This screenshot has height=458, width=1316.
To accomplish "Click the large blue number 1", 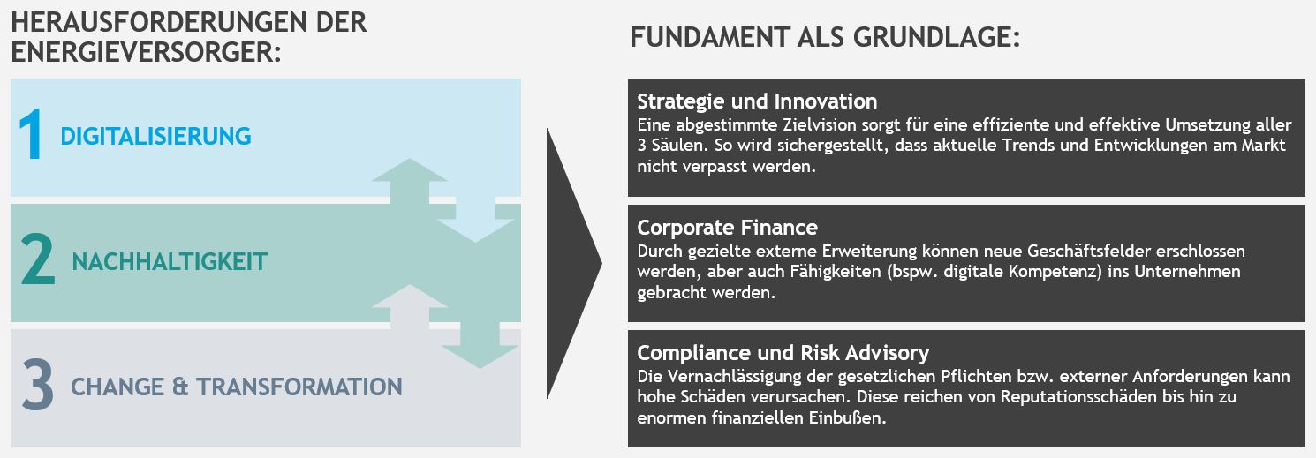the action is pyautogui.click(x=31, y=134).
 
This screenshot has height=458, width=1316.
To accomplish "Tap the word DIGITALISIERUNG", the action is pyautogui.click(x=155, y=136).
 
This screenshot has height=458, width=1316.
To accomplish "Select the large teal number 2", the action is pyautogui.click(x=38, y=259).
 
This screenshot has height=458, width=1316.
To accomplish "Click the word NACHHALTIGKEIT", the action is pyautogui.click(x=170, y=262).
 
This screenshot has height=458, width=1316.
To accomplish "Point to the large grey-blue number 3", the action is pyautogui.click(x=38, y=385).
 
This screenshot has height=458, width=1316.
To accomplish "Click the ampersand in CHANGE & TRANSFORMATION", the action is pyautogui.click(x=180, y=387).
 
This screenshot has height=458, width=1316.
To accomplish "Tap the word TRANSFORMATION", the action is pyautogui.click(x=299, y=387).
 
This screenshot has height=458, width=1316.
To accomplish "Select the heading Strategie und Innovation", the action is pyautogui.click(x=757, y=101).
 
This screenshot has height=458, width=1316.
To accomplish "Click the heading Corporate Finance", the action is pyautogui.click(x=727, y=228).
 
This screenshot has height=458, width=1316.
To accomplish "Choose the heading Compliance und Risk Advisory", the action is pyautogui.click(x=783, y=353).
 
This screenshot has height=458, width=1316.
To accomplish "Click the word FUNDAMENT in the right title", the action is pyautogui.click(x=709, y=37).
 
